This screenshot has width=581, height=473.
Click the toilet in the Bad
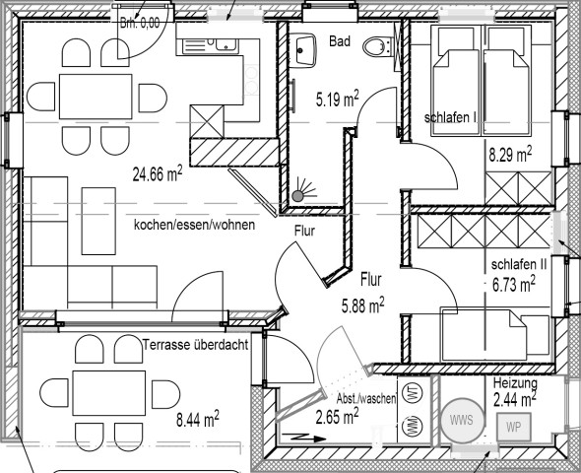click(376, 47)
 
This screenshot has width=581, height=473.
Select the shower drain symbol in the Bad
click(297, 195)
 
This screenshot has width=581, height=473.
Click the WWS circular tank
click(462, 420)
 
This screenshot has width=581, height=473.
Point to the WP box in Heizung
click(514, 427)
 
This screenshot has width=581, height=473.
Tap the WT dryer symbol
click(414, 393)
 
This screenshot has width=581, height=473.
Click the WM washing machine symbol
click(414, 427)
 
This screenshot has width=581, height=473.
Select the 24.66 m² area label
click(158, 173)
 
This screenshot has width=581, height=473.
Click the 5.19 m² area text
click(337, 99)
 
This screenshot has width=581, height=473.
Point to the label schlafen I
click(450, 117)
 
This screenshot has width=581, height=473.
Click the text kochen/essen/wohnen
click(194, 225)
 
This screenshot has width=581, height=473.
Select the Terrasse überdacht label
click(196, 345)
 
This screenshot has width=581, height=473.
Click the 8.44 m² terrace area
click(198, 420)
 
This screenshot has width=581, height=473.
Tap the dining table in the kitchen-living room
click(96, 97)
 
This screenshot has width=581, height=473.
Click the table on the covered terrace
click(109, 393)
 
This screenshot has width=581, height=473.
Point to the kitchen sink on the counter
click(210, 45)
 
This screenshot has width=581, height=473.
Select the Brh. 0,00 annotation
click(140, 23)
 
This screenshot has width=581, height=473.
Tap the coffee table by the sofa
click(98, 221)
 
